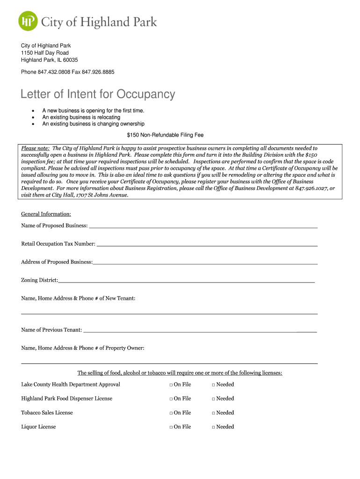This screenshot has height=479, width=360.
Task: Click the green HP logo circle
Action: coord(28,21)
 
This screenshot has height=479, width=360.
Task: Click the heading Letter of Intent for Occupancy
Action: coord(98,94)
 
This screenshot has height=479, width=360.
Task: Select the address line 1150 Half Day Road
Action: coord(45,53)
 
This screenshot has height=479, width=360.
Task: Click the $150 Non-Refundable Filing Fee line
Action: coord(165,135)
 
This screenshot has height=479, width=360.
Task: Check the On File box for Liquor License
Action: coord(171,427)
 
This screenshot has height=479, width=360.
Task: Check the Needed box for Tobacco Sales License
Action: coord(213,413)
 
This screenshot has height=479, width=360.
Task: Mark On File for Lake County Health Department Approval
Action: coord(171,385)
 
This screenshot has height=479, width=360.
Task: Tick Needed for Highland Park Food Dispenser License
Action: coord(213,399)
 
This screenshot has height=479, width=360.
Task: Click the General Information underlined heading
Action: coord(46,214)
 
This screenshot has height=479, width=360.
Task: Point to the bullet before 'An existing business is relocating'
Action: coord(33,117)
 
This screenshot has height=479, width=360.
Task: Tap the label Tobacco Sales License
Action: coord(47,413)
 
